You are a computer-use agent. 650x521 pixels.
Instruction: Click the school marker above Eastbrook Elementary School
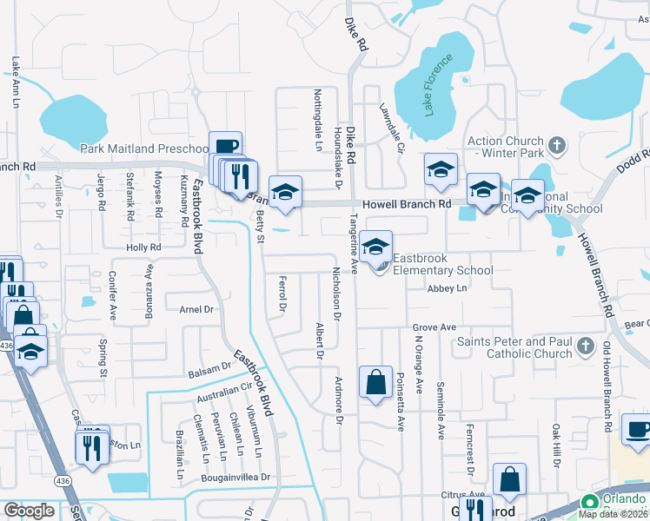pyautogui.click(x=375, y=246)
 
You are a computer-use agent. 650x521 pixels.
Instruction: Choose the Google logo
pyautogui.click(x=29, y=511)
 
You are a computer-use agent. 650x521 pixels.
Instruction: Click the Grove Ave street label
pyautogui.click(x=434, y=327)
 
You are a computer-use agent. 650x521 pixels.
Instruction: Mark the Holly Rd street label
pyautogui.click(x=144, y=247)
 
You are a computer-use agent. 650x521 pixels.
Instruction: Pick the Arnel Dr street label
pyautogui.click(x=196, y=309)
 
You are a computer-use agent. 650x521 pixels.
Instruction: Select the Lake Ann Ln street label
pyautogui.click(x=16, y=82)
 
